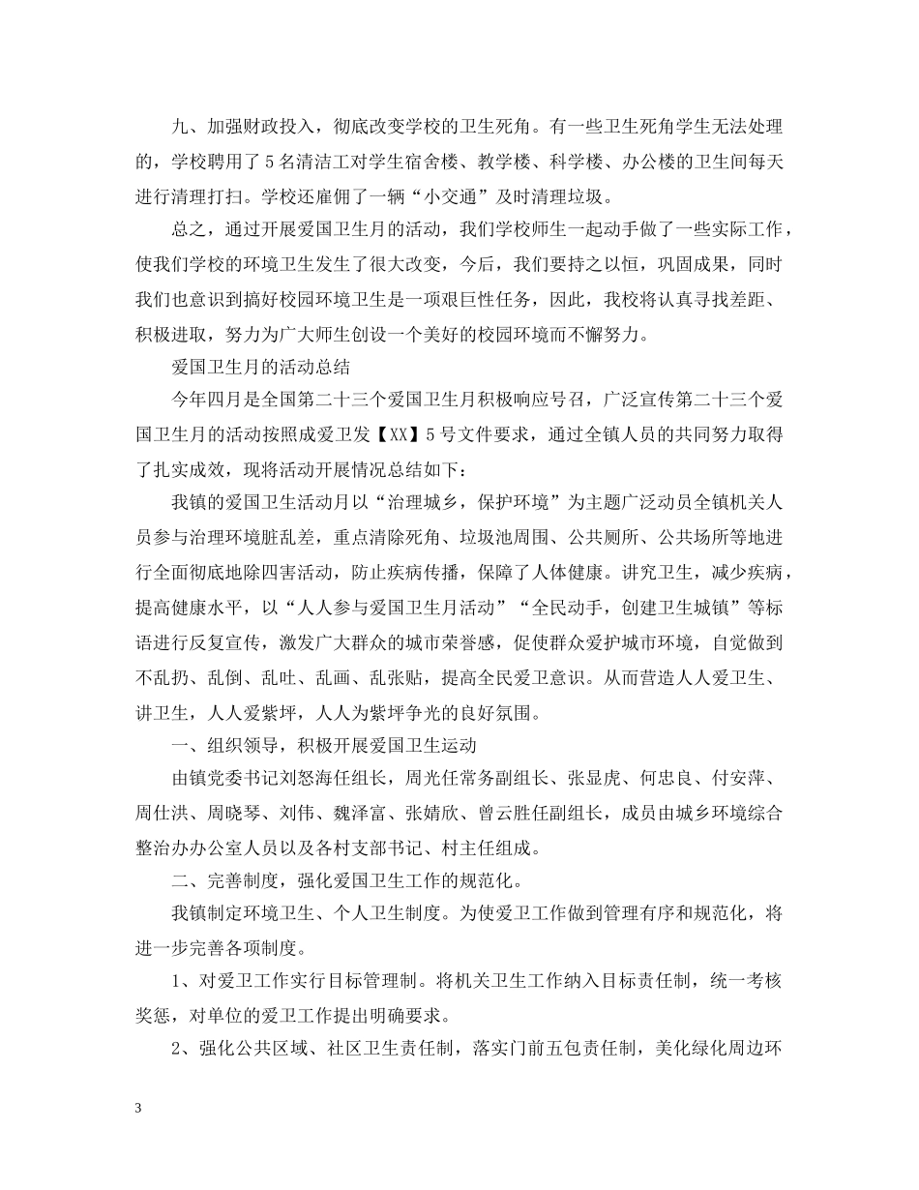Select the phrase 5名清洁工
(x=297, y=163)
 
